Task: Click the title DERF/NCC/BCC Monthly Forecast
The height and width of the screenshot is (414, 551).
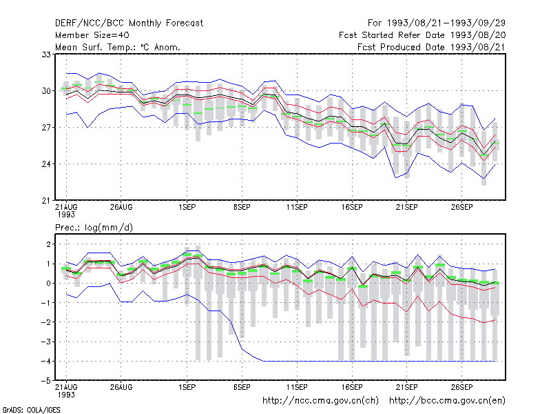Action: pos(129,23)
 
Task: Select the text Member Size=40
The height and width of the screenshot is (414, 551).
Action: pos(92,35)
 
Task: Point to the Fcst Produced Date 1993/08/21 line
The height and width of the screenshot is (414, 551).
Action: pos(432,47)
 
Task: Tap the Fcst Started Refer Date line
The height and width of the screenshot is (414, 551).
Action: pos(422,35)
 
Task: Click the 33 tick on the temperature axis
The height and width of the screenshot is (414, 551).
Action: pos(46,55)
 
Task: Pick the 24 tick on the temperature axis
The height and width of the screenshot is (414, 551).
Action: pos(46,164)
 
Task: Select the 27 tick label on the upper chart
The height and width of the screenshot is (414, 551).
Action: pos(46,128)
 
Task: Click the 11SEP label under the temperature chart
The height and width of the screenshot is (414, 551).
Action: pos(297,208)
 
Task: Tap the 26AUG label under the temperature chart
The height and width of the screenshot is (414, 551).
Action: pos(121,208)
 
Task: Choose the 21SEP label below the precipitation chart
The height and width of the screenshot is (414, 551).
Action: pos(407,387)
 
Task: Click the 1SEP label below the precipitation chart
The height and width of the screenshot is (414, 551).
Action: pos(187,387)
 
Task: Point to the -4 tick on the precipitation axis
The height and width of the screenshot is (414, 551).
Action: pos(46,362)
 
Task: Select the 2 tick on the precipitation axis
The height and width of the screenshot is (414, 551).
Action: pos(48,244)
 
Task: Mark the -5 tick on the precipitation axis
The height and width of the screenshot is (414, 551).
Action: pos(46,381)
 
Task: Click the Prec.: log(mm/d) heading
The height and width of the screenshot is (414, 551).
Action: pos(94,228)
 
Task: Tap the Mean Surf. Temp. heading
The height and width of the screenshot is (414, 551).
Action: pos(117,47)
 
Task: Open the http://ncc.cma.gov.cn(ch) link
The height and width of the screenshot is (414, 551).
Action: pos(320,401)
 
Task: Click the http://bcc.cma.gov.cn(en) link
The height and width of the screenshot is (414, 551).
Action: pos(447,401)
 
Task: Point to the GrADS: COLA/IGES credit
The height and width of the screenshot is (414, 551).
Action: pos(31,410)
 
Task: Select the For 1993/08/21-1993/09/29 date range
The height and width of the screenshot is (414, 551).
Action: pos(437,23)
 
